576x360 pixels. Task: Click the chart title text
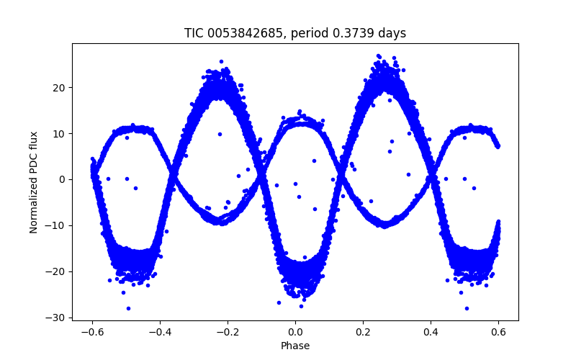(295, 33)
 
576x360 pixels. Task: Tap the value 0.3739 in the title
(347, 33)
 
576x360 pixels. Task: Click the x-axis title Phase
(295, 346)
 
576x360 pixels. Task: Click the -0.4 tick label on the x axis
(160, 332)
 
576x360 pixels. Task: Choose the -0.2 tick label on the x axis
(228, 332)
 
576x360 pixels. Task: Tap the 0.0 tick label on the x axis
(295, 332)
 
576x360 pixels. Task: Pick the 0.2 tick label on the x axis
(363, 332)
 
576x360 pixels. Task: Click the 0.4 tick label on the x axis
(431, 332)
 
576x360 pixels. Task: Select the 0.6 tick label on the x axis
(498, 332)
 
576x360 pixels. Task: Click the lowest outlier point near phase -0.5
(128, 308)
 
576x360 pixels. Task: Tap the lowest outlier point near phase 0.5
(467, 308)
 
